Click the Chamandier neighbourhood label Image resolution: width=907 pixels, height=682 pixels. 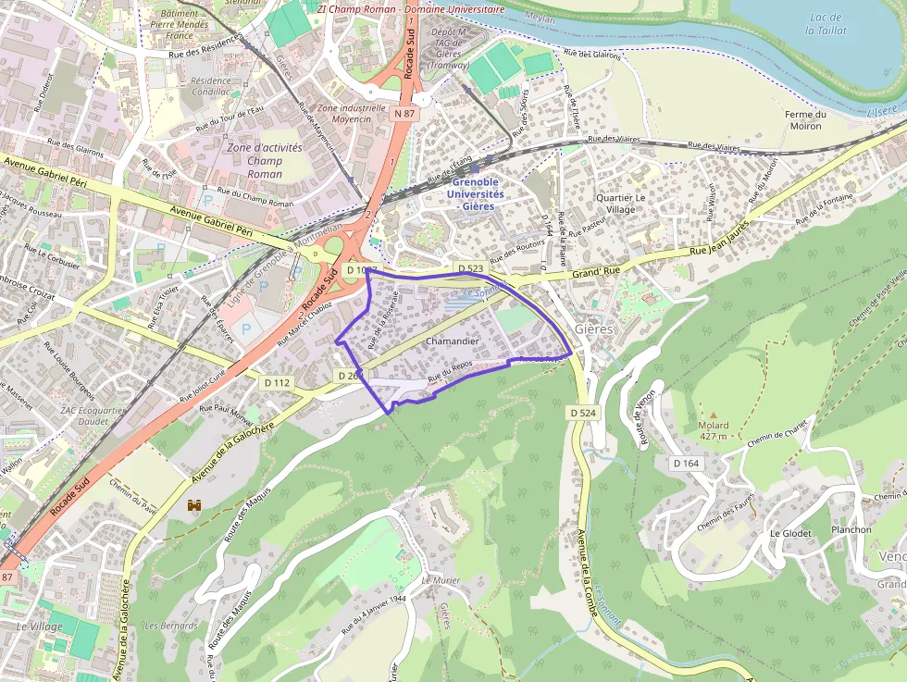point(452,341)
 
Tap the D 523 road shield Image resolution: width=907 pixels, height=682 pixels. point(470,268)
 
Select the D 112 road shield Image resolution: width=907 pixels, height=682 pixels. point(276,382)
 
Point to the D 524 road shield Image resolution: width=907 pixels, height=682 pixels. point(582,412)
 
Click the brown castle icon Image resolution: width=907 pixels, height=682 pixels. point(194,505)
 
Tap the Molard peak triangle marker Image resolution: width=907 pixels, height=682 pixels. point(713,414)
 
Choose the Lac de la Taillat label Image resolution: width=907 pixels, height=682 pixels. point(824,23)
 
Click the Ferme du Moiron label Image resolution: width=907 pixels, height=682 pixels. point(802,119)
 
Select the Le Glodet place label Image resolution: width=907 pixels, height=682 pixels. point(790,533)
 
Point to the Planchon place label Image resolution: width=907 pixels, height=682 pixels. point(851,529)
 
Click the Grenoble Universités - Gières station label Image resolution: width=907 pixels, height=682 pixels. point(476,194)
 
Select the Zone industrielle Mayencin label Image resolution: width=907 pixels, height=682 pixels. point(351,112)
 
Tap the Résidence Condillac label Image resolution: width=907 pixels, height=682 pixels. point(210,86)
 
